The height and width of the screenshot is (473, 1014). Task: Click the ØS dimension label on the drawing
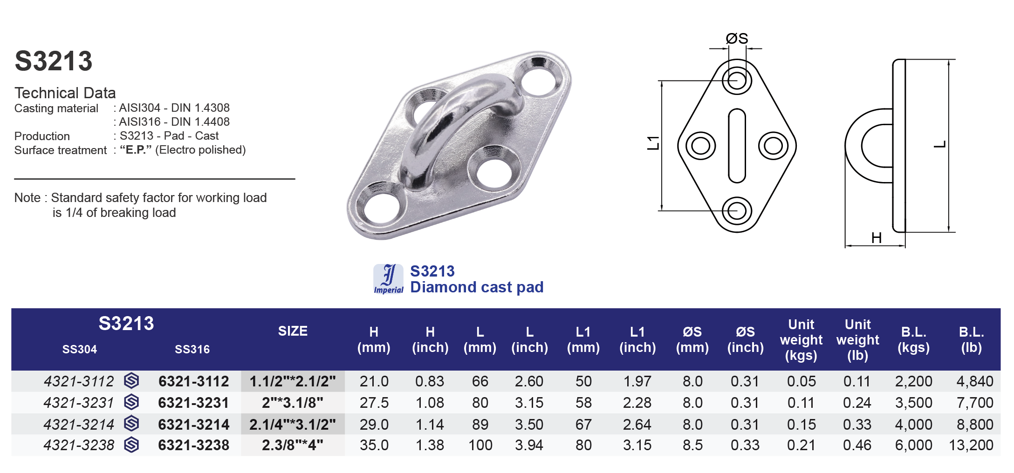tap(737, 39)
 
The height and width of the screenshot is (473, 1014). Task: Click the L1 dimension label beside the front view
tap(653, 143)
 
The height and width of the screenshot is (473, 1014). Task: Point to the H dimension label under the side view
tap(876, 238)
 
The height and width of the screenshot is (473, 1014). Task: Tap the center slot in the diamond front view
tap(737, 146)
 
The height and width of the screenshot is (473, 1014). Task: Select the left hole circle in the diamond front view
tap(700, 146)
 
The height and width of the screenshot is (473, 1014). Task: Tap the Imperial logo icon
tap(388, 279)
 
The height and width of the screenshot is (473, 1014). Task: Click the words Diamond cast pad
tap(476, 287)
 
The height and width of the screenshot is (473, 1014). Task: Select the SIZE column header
tap(293, 331)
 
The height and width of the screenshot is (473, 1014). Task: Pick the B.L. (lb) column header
tap(971, 339)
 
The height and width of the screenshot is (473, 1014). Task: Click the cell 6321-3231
tap(193, 403)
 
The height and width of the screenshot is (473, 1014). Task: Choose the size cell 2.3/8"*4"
tap(293, 445)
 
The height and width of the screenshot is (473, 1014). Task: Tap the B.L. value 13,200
tap(971, 445)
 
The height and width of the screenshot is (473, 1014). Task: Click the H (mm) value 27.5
tap(374, 403)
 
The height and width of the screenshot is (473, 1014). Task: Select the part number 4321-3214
tap(79, 425)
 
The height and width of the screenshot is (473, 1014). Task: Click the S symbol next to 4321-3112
tap(132, 381)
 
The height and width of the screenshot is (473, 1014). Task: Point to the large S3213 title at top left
tap(54, 61)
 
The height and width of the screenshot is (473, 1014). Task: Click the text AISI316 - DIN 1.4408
tap(174, 122)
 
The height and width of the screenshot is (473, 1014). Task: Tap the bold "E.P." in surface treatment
tap(136, 150)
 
